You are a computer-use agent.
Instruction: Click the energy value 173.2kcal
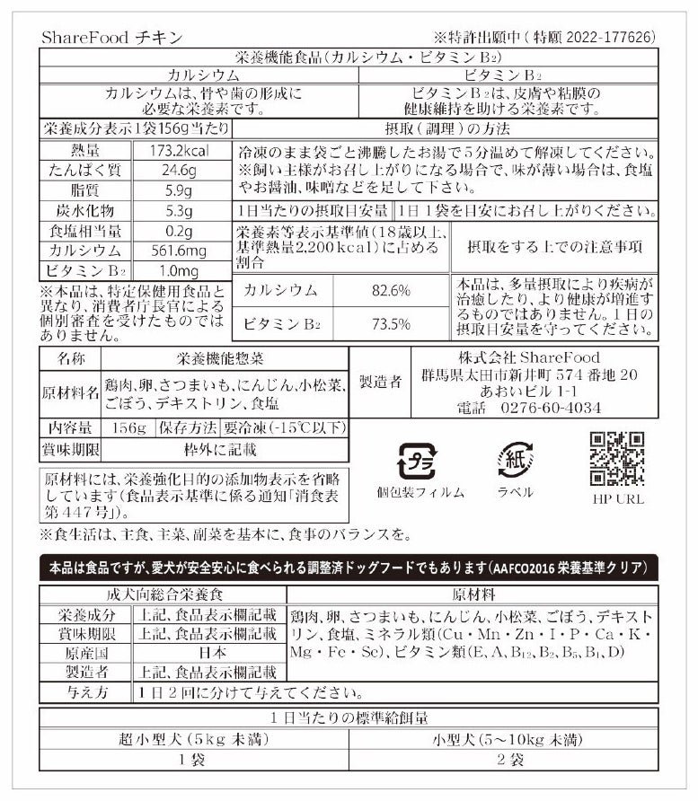point(180,151)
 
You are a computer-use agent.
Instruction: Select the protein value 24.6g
point(180,171)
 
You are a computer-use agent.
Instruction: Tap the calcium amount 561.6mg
point(180,250)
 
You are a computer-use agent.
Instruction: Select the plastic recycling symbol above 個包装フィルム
point(416,460)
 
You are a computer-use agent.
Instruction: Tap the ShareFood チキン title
point(111,37)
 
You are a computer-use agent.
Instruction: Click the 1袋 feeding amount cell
point(162,760)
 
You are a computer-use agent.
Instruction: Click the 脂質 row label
point(84,190)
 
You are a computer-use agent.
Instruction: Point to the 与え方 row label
point(84,693)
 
